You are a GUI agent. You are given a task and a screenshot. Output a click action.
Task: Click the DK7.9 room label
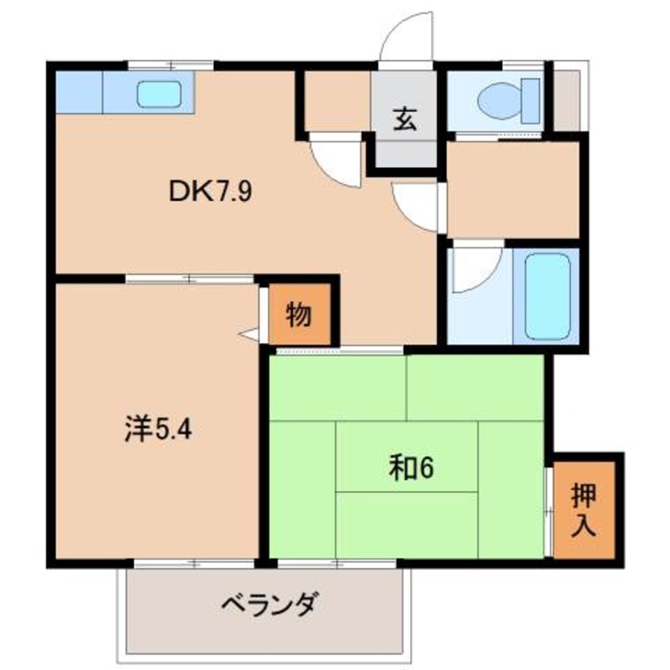click(x=211, y=192)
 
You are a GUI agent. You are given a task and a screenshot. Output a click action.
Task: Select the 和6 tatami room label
click(x=411, y=468)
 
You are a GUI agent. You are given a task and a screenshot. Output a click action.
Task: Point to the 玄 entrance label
click(x=405, y=120)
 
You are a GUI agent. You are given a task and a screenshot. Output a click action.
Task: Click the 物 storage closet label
click(x=299, y=314)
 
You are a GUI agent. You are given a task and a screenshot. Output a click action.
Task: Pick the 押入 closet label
click(x=584, y=510)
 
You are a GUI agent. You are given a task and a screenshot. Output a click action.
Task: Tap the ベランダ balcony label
click(x=269, y=603)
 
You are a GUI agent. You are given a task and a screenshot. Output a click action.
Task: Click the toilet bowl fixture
click(x=500, y=101)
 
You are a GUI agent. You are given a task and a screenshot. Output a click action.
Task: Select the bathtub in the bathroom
click(x=547, y=296)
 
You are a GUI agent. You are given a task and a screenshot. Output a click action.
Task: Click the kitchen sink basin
click(x=159, y=94)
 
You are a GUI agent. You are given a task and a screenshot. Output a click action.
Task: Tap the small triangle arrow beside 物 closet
click(x=249, y=334)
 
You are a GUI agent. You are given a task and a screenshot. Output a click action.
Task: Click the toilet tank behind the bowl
click(x=531, y=101)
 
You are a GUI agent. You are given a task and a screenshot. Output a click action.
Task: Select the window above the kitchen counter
click(x=171, y=66)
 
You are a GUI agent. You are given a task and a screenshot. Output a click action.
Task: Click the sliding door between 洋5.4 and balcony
click(x=194, y=564)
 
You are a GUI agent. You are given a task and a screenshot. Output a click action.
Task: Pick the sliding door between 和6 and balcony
click(x=337, y=564)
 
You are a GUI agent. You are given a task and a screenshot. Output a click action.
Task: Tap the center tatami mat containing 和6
click(x=406, y=456)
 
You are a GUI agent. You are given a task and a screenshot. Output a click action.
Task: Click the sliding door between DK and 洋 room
click(x=190, y=280)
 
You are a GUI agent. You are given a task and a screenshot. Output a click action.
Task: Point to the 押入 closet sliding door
click(x=550, y=512)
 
